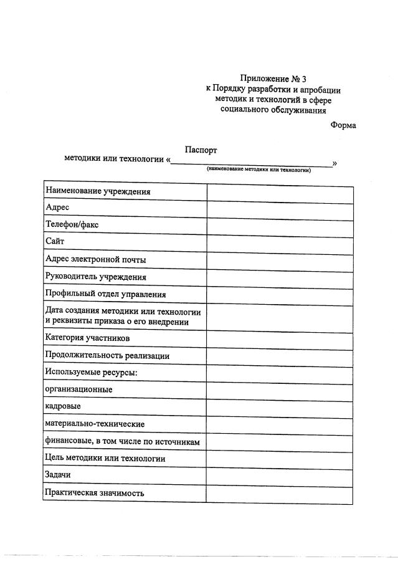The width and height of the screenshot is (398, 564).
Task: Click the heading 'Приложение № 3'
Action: tap(273, 79)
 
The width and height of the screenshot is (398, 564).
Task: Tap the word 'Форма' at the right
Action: tap(343, 125)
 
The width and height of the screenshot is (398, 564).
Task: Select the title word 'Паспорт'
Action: tap(201, 150)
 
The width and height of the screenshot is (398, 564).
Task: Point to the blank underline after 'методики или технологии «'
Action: tap(251, 163)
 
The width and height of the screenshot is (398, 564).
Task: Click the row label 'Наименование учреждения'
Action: tap(98, 192)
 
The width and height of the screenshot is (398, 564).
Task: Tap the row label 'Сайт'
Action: tap(55, 241)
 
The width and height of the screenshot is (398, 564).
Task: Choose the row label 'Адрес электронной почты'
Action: tap(96, 259)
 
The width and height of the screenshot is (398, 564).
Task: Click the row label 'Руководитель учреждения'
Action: tap(96, 276)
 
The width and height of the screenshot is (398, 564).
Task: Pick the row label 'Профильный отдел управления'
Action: tap(105, 294)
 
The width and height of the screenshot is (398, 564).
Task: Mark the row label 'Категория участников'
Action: tap(87, 338)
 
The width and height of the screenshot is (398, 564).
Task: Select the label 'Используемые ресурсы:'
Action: tap(91, 373)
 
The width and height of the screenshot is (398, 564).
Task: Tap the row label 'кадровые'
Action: tap(63, 406)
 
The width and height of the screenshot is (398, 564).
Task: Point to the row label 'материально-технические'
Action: tap(95, 424)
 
